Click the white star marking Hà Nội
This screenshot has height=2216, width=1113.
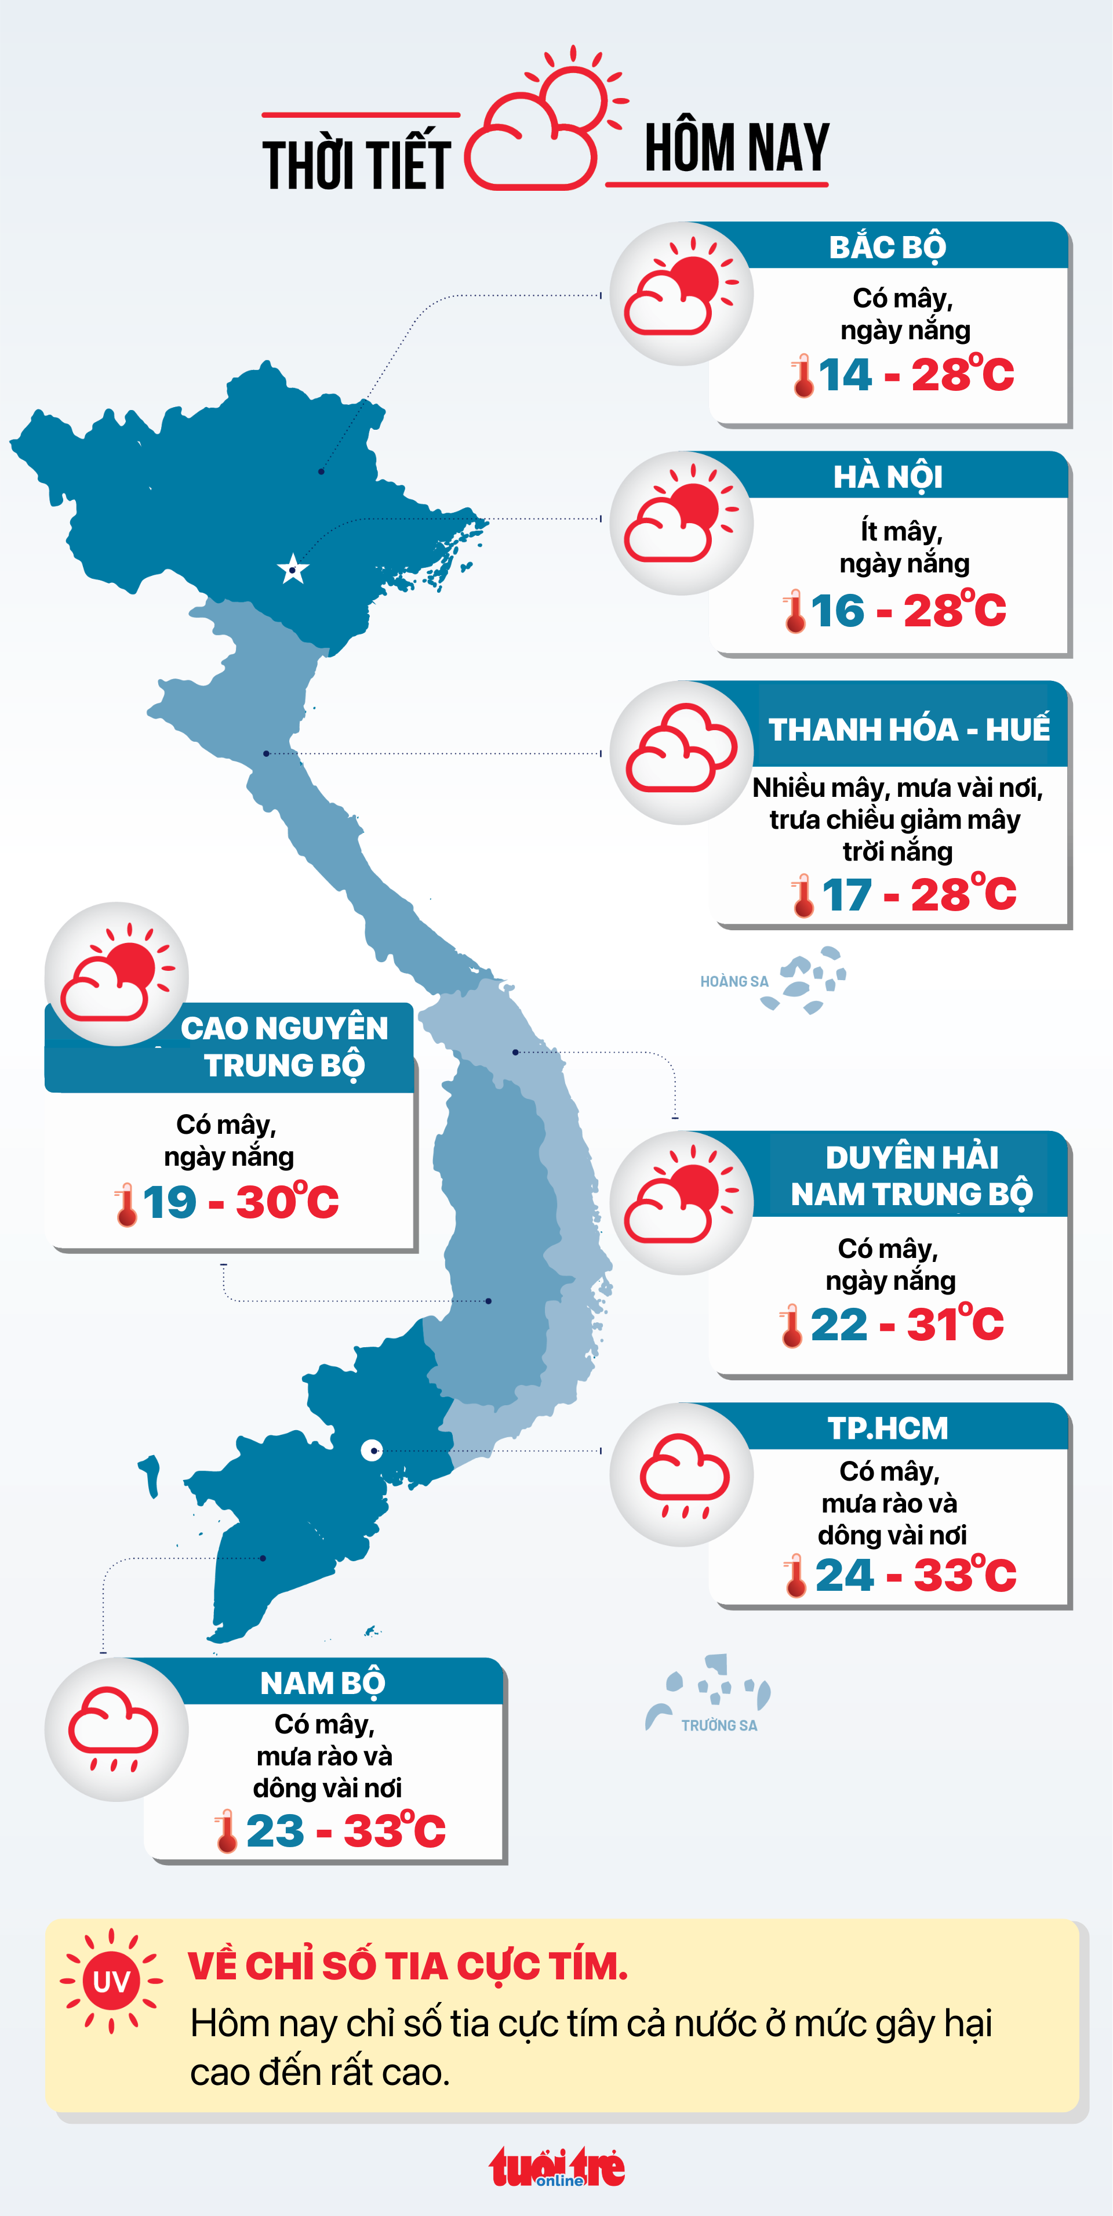pyautogui.click(x=293, y=570)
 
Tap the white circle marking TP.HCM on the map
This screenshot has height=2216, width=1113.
pyautogui.click(x=372, y=1450)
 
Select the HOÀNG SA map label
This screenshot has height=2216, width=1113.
pyautogui.click(x=734, y=981)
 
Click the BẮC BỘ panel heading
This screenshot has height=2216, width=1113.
pyautogui.click(x=887, y=248)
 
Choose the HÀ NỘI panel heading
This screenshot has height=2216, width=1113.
pyautogui.click(x=888, y=477)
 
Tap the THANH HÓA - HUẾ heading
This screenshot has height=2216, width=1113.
pyautogui.click(x=908, y=730)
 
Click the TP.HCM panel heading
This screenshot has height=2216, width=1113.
pyautogui.click(x=888, y=1428)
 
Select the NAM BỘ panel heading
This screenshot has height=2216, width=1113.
pyautogui.click(x=322, y=1682)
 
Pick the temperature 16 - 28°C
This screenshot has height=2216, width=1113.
pyautogui.click(x=907, y=611)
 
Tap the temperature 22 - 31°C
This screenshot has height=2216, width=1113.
pyautogui.click(x=907, y=1324)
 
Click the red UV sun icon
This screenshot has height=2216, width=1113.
pyautogui.click(x=111, y=1981)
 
